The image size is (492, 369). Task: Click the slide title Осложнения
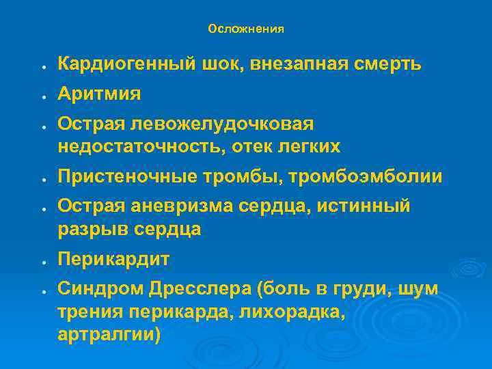click(246, 29)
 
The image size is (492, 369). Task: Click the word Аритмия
click(99, 94)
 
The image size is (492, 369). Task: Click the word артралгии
click(109, 336)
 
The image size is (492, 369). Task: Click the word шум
click(423, 290)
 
